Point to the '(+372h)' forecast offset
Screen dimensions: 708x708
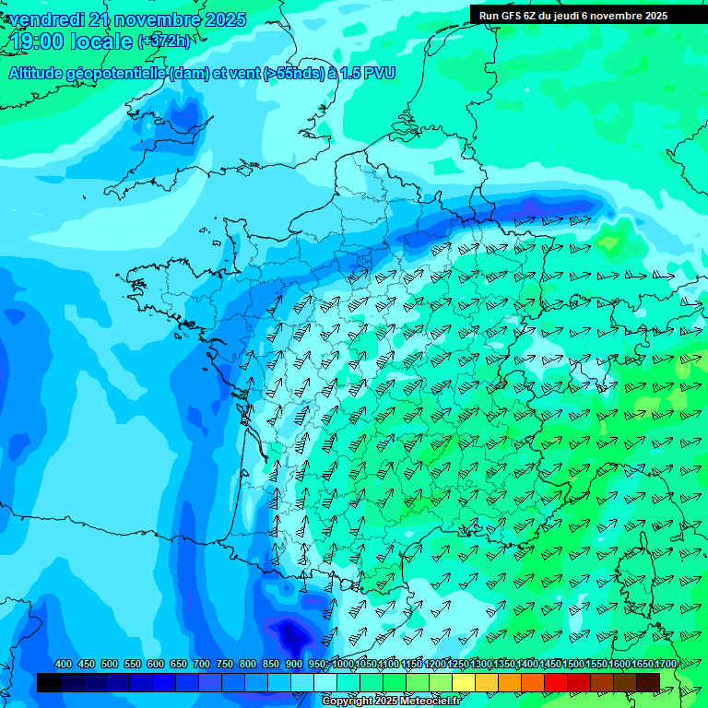coord(165,41)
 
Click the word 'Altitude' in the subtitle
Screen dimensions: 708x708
coord(38,73)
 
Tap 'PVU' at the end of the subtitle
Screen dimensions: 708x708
coord(378,73)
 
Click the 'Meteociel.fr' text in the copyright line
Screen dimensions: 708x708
coord(423,702)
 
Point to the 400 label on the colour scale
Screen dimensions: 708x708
coord(64,665)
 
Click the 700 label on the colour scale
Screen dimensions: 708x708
coord(201,665)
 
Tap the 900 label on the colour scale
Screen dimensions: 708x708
coord(293,665)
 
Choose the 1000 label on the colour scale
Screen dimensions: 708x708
coord(343,665)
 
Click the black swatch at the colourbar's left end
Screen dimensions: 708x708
coord(49,682)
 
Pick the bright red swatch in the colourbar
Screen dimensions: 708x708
coord(556,682)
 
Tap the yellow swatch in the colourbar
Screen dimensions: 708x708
coord(464,682)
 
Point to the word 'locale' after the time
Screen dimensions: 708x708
coord(101,41)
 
